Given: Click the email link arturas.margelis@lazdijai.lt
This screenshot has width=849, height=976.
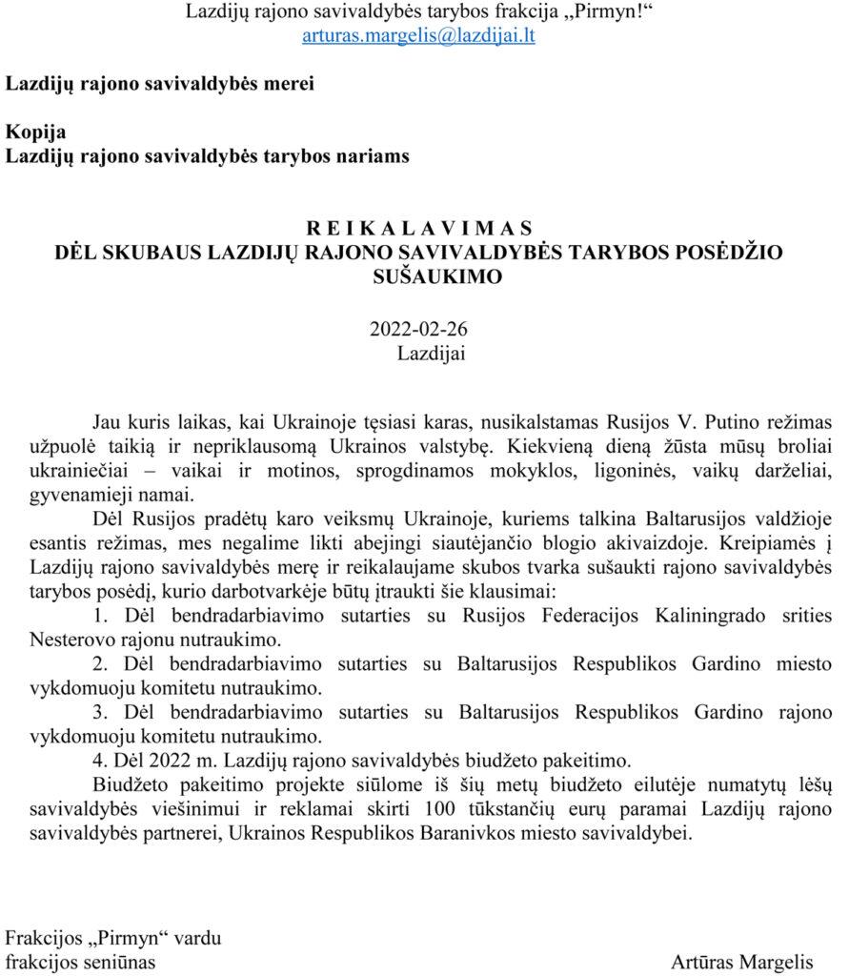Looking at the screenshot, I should pyautogui.click(x=418, y=36).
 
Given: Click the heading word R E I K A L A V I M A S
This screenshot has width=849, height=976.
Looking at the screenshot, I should pyautogui.click(x=418, y=229).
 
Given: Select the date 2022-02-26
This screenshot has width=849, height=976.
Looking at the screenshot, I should pyautogui.click(x=418, y=330).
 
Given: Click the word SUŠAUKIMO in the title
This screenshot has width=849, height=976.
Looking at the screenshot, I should pyautogui.click(x=418, y=277).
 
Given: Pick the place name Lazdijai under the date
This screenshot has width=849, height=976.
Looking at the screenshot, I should pyautogui.click(x=432, y=353).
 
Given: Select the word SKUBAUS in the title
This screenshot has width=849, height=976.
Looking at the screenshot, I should pyautogui.click(x=147, y=253).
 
